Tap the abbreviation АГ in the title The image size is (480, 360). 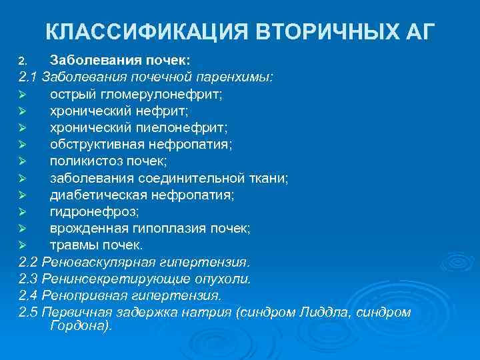[x=418, y=31]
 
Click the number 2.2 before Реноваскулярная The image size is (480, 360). [x=29, y=261]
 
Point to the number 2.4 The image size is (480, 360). [x=29, y=295]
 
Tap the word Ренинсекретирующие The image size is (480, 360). [x=109, y=278]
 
